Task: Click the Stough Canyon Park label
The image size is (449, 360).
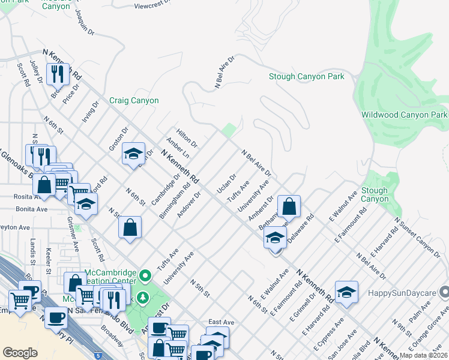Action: click(306, 77)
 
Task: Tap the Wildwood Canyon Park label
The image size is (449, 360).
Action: click(405, 115)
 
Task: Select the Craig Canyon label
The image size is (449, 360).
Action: click(134, 101)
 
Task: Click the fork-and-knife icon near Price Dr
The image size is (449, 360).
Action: click(58, 74)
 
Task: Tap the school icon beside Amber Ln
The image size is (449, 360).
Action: click(133, 154)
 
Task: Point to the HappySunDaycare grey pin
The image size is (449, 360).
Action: click(444, 292)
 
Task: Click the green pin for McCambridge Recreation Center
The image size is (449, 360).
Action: click(144, 276)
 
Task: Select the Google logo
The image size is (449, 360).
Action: click(20, 352)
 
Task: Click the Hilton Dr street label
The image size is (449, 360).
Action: click(186, 138)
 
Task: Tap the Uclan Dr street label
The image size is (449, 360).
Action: click(226, 184)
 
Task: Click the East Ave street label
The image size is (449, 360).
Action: click(220, 322)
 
